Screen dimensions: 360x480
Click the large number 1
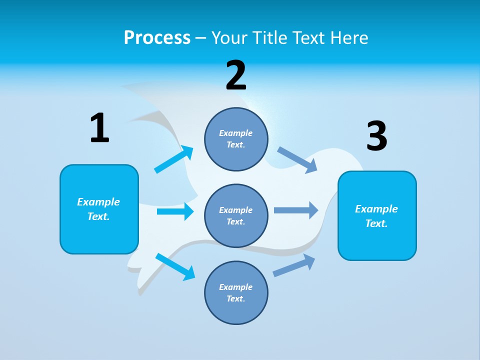pos(99,128)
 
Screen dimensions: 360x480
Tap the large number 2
pos(236,75)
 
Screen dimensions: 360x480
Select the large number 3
pos(376,136)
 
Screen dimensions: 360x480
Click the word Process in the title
pos(157,37)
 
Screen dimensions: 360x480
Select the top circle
pos(236,139)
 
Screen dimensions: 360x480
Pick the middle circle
pos(236,216)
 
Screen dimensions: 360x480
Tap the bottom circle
pos(236,293)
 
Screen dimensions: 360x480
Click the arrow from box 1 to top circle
pos(174,159)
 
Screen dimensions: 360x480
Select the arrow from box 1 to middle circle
pos(175,211)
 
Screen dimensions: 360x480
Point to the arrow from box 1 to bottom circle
pos(175,266)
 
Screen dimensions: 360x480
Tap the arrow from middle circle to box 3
pos(296,210)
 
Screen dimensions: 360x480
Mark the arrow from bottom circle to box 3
pos(294,265)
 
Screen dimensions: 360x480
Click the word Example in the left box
pos(98,202)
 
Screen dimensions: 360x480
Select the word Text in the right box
pos(376,223)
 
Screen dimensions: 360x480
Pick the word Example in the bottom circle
pos(236,287)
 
